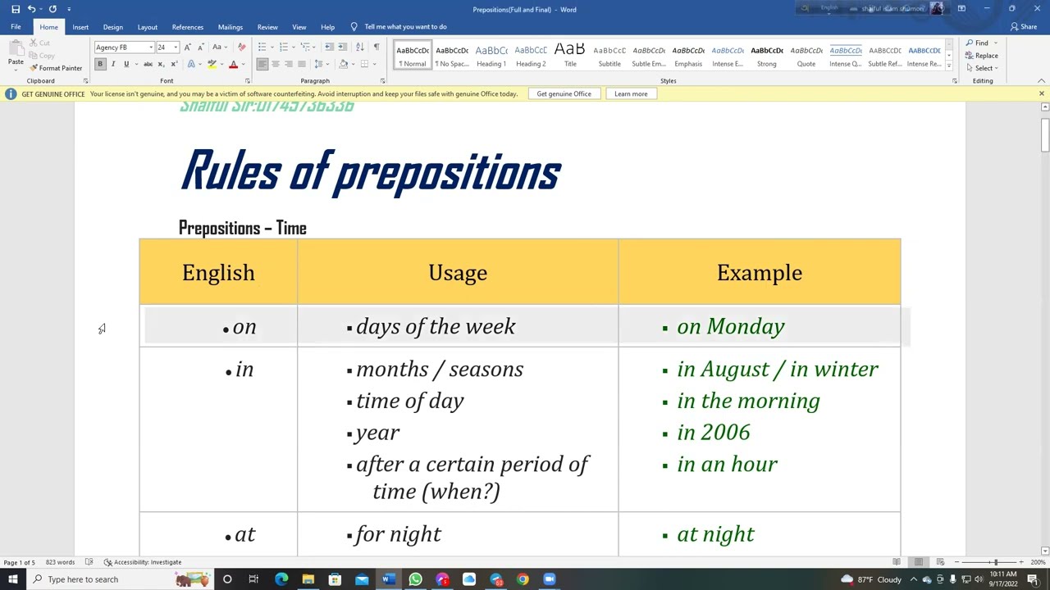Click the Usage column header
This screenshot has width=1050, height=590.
point(458,273)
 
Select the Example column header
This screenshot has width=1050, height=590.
point(759,273)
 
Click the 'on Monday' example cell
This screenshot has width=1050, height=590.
point(730,327)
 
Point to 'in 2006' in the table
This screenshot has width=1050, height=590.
point(713,433)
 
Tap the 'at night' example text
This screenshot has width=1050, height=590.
point(715,535)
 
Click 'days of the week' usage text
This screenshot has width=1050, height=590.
point(436,327)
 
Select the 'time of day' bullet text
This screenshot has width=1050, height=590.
point(409,401)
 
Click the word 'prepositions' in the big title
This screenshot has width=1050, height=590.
point(448,173)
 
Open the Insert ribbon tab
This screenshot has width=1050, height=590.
point(80,27)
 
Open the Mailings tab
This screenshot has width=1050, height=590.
point(230,27)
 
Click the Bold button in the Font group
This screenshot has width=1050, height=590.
point(100,64)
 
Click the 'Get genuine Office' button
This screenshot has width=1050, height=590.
point(564,94)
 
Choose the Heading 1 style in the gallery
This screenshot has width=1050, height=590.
point(491,56)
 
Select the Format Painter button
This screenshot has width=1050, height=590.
point(56,68)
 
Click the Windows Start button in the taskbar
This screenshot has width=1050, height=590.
point(13,579)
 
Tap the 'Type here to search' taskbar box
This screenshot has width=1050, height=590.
point(98,579)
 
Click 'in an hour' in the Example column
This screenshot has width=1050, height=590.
point(727,465)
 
